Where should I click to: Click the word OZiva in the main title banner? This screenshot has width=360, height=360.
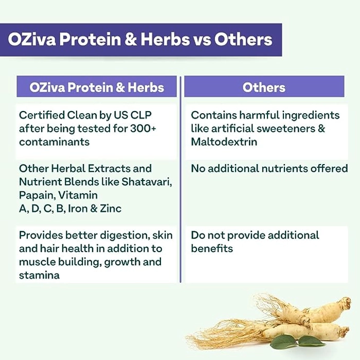[x=32, y=39]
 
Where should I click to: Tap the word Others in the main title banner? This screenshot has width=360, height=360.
[x=243, y=39]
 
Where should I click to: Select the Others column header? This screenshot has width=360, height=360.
[x=264, y=87]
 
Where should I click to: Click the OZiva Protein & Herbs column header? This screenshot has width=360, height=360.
[x=97, y=87]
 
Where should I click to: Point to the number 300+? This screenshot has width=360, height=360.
[x=143, y=129]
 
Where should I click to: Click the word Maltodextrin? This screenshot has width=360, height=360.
[x=224, y=141]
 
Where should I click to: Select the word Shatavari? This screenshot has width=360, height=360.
[x=147, y=182]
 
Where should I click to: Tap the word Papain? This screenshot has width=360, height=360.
[x=37, y=195]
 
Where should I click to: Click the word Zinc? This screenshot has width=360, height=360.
[x=111, y=208]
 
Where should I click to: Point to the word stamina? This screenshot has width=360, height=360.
[x=39, y=275]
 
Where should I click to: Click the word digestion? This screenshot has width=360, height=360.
[x=124, y=236]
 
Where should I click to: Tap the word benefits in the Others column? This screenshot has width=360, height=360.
[x=212, y=248]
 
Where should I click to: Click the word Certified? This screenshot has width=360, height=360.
[x=42, y=115]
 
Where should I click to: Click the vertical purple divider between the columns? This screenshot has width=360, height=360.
[x=181, y=179]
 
